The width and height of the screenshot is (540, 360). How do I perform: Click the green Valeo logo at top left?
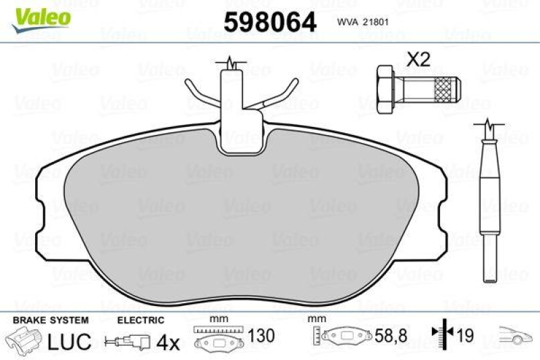point(41,13)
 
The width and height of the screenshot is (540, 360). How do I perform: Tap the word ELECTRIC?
point(141,320)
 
